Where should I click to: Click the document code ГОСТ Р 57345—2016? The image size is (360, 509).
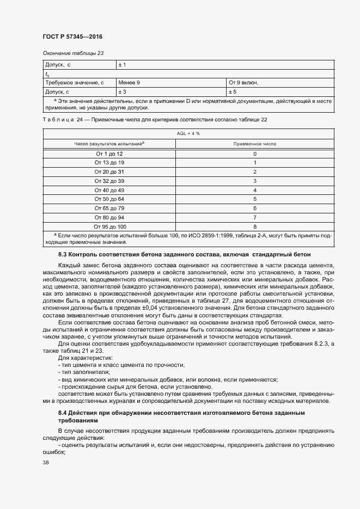point(72,36)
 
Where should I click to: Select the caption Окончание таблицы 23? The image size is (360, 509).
point(73,53)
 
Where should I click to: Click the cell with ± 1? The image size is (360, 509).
point(123,65)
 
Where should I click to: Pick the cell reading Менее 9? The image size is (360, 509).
point(130,83)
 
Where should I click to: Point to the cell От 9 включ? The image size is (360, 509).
point(243,83)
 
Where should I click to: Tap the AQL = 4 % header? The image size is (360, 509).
point(188,133)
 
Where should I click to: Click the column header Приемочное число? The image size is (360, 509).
point(254,144)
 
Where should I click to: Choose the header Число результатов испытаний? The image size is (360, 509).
point(108,144)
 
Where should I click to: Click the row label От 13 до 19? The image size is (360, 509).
point(109,163)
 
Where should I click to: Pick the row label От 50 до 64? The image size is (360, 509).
point(109,199)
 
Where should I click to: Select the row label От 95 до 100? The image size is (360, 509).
point(110,226)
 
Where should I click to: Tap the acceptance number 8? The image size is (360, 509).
point(254,226)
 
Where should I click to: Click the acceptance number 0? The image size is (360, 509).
point(254,154)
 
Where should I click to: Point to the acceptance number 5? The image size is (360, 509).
point(254,199)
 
